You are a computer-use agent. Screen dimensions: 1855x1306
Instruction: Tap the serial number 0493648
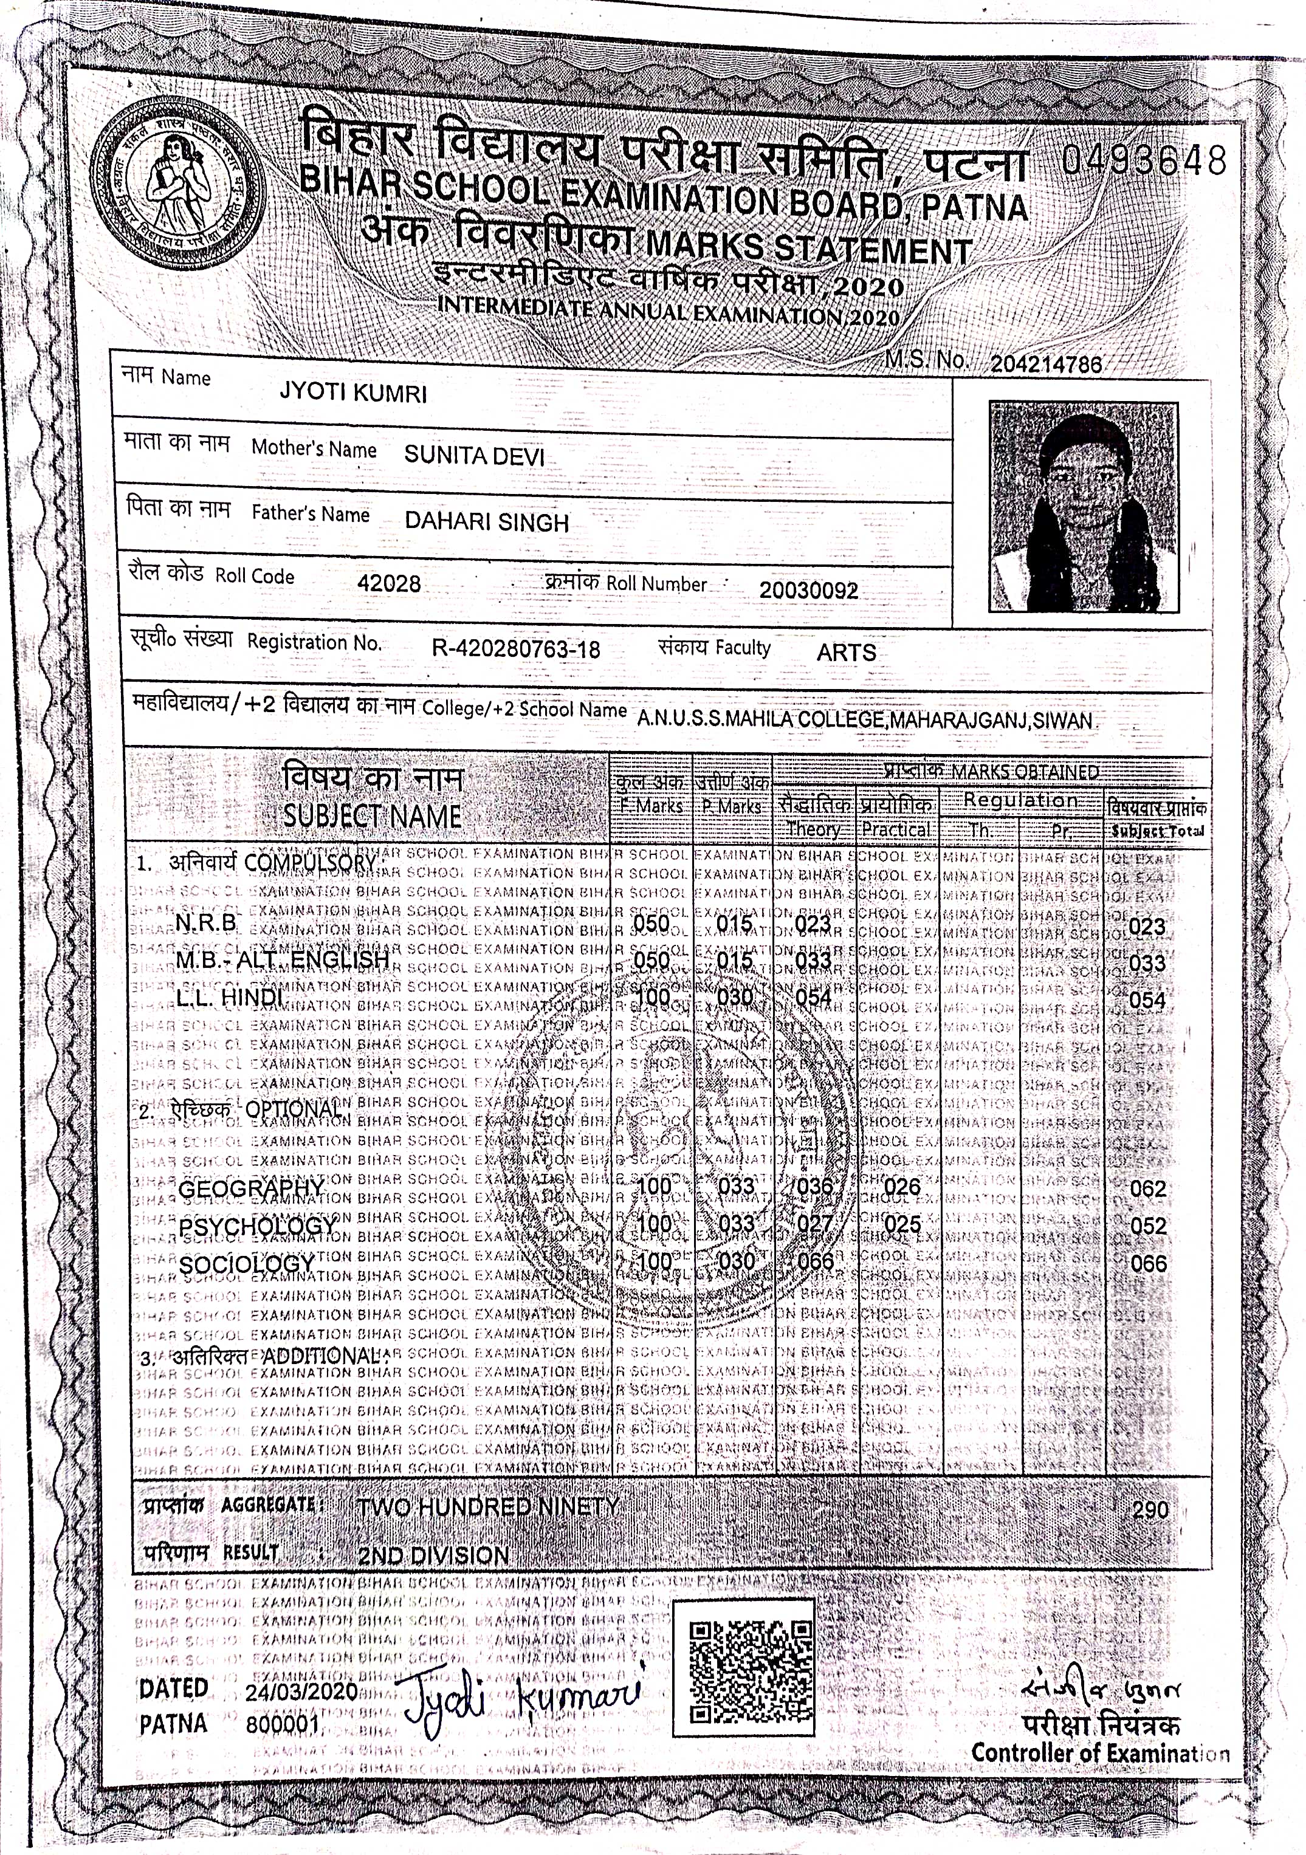[x=1144, y=161]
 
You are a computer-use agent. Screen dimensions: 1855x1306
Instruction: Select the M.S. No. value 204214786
[x=1047, y=365]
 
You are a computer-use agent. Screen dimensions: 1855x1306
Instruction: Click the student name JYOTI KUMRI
[x=352, y=394]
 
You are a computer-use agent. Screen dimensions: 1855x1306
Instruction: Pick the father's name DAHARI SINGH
[x=487, y=522]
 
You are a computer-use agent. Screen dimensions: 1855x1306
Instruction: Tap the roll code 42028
[x=389, y=583]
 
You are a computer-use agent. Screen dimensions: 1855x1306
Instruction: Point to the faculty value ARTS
[x=845, y=652]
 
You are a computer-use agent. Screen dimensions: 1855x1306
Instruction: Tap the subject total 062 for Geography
[x=1147, y=1189]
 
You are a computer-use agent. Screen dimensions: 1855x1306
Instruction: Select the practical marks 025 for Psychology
[x=902, y=1225]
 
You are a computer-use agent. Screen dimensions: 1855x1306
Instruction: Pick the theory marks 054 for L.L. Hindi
[x=813, y=998]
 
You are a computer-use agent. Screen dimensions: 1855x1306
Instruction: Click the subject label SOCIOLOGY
[x=247, y=1264]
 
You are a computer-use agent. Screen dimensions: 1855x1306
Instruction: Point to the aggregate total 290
[x=1150, y=1510]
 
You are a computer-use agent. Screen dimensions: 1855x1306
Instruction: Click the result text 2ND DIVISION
[x=433, y=1555]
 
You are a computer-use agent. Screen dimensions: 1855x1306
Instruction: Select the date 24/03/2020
[x=301, y=1691]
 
